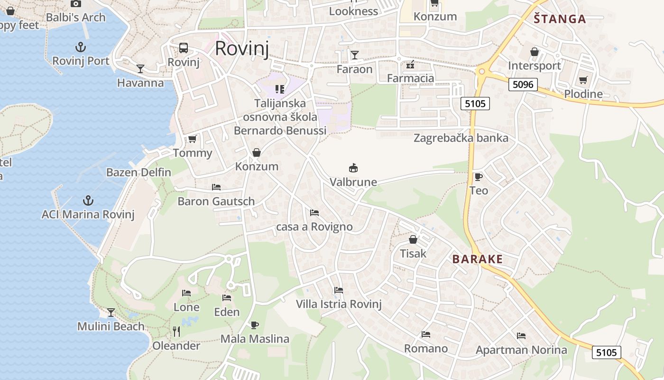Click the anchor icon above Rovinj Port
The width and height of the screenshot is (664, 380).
coord(81,47)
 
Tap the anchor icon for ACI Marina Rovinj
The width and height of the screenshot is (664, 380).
coord(88,200)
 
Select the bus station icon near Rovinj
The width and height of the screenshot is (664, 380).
coord(184,48)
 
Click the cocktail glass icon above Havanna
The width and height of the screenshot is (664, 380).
coord(140,69)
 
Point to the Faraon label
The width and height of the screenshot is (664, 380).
coord(354,69)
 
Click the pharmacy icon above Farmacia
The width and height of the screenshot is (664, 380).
coord(410,64)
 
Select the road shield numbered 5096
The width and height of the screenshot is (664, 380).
coord(523,85)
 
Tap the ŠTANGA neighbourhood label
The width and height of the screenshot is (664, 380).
coord(560,19)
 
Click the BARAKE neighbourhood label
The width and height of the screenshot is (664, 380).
coord(477,259)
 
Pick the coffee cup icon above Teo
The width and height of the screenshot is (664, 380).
coord(479,177)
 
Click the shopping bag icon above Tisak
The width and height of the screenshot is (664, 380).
coord(413,239)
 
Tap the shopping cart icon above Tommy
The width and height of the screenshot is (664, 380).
coord(192,139)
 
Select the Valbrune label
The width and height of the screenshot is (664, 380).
coord(353,182)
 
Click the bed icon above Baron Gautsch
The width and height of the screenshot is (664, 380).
coord(216,187)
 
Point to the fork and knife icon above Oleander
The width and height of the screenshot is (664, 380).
coord(176,332)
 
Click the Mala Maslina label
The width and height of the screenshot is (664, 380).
coord(255,339)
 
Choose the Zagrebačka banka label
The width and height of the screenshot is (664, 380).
coord(461,138)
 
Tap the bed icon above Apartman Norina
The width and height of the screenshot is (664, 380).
coord(521,336)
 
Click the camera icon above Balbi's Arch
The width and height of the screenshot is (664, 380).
coord(75,4)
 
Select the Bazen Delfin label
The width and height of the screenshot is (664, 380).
coord(138,172)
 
